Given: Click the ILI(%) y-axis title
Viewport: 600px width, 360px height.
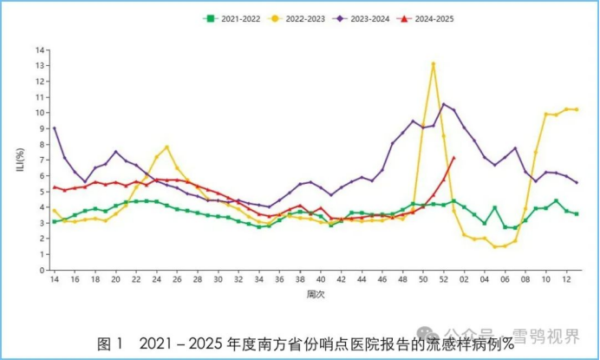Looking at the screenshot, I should pos(21,160).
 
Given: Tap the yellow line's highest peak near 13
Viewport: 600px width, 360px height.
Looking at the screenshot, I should pos(433,63).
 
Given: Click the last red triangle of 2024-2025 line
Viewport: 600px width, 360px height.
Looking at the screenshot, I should pos(453,158).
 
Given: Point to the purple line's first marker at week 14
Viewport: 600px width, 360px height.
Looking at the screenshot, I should pos(55,128).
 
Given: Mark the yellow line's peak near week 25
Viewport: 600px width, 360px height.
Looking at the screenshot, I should pos(166,147).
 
